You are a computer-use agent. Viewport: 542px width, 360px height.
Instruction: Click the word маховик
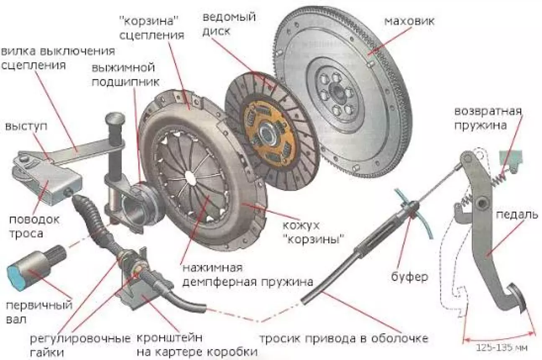409,21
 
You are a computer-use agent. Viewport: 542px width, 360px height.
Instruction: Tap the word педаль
517,215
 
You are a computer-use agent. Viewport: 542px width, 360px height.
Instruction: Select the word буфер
409,276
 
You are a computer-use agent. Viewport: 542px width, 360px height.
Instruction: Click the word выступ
26,127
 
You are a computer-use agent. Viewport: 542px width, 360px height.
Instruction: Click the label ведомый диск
229,24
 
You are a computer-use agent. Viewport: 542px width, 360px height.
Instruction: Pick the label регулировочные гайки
80,345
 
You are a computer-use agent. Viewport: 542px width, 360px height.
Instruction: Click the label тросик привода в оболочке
344,339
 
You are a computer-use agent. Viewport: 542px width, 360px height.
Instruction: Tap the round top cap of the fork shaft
115,119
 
